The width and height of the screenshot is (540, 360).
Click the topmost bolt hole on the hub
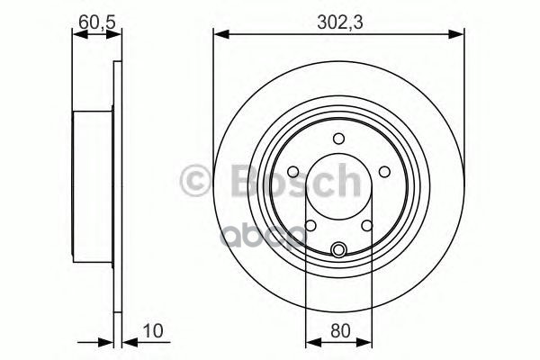[339, 139]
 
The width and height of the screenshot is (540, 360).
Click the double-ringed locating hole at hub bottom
[339, 250]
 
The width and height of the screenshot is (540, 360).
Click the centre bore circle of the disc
[339, 191]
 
